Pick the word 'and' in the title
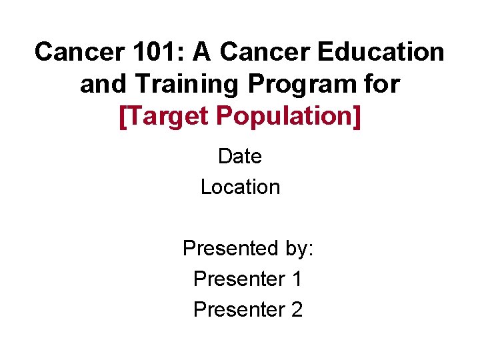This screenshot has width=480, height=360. click(100, 85)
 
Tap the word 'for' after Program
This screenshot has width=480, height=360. click(382, 85)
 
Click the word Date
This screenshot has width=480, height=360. click(240, 157)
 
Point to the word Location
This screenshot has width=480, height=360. click(240, 187)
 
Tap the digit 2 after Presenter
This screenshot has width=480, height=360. click(297, 310)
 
